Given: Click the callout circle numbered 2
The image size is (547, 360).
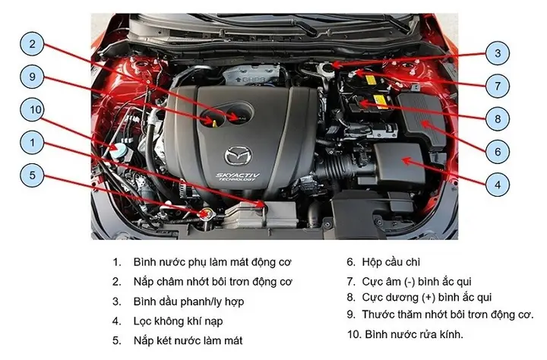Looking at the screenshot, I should coord(32,44).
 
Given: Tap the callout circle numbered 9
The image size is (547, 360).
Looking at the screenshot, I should coord(32,77).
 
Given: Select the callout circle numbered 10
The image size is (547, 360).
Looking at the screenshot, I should coord(32,109).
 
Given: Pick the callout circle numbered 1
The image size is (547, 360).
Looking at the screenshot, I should coord(32,142).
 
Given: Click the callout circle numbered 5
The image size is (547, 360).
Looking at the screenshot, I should coord(32,175).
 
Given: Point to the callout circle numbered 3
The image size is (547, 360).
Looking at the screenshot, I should coord(498,53).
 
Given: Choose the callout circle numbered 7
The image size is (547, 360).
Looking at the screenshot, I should coord(498,86).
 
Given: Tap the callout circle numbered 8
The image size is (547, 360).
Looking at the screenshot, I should coord(498,118).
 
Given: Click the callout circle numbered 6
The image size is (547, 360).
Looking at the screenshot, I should coord(498,151).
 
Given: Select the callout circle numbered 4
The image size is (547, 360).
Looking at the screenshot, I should coord(498,184).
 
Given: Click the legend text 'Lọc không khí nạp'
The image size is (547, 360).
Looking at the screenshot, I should coord(178,321).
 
